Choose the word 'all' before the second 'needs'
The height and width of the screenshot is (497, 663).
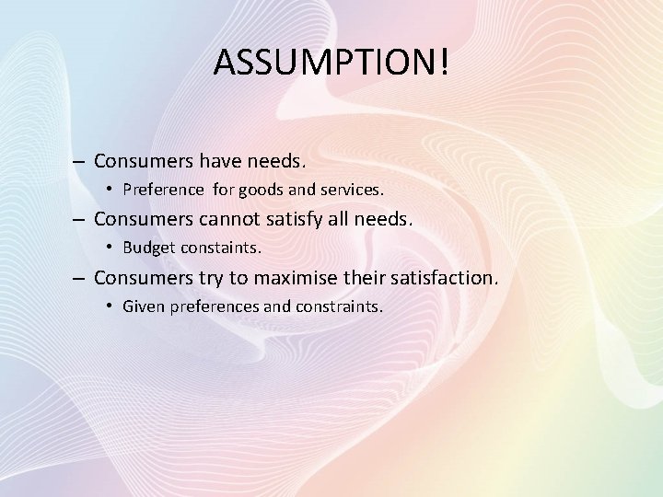(355, 220)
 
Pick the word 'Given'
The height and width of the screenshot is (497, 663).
(143, 306)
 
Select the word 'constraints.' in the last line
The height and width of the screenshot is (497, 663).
(338, 306)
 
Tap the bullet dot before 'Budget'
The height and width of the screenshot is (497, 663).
(110, 248)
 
